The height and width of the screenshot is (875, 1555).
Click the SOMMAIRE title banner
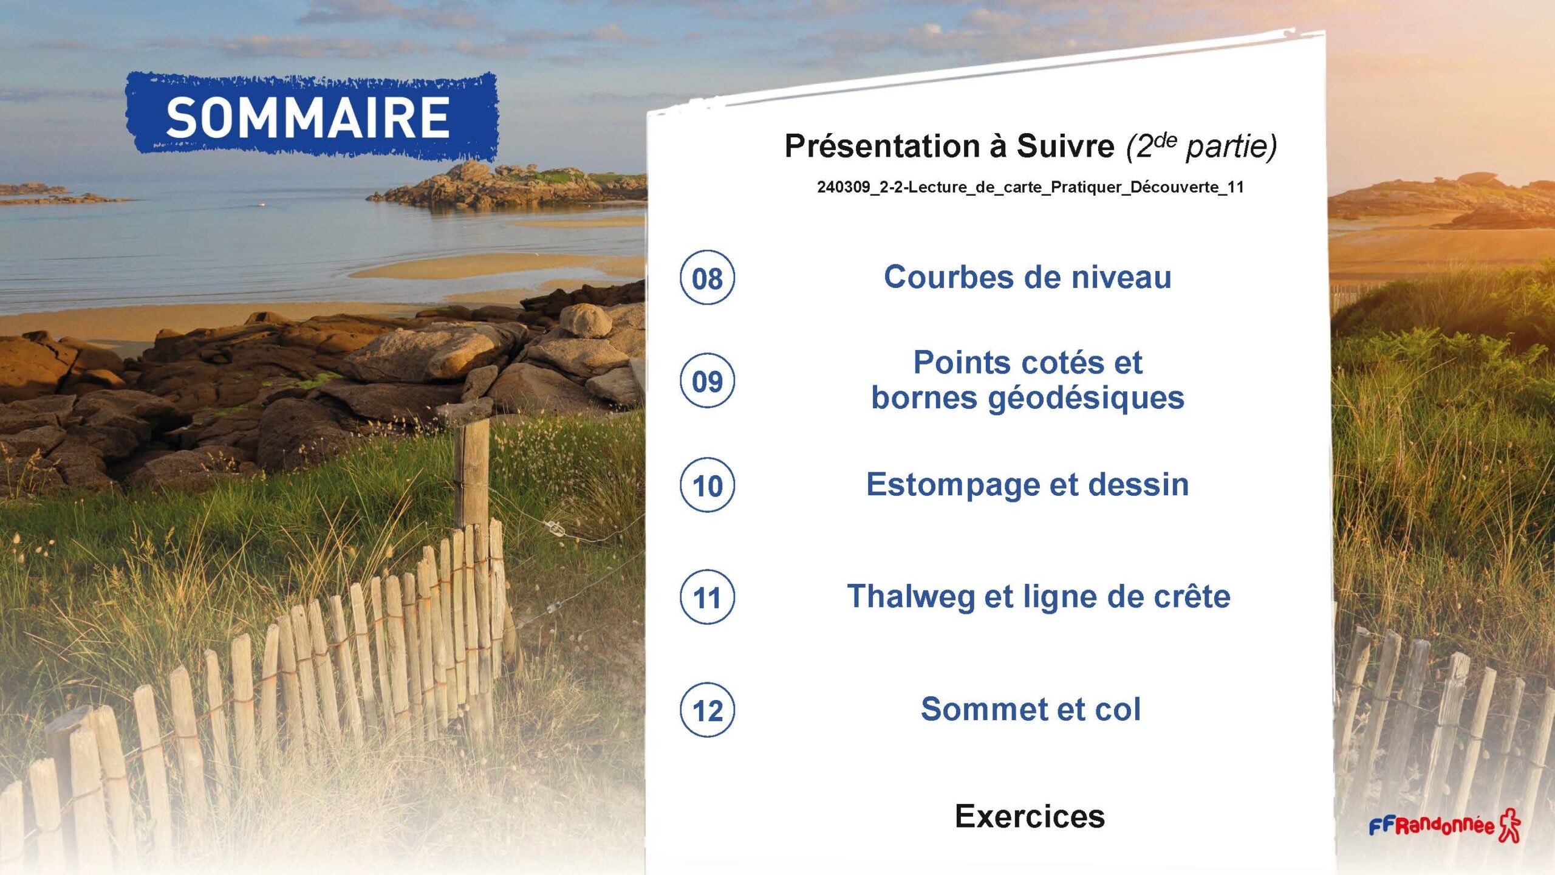312,117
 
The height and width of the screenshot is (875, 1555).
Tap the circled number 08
707,278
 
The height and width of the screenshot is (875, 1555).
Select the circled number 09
707,381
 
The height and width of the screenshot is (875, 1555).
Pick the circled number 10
707,486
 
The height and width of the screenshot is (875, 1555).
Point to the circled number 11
707,597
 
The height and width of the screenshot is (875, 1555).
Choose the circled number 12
707,710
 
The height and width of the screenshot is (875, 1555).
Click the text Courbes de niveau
1027,277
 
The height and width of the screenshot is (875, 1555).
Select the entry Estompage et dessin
1027,486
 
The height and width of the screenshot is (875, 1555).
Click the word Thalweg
911,597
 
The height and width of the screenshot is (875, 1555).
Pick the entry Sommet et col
1031,709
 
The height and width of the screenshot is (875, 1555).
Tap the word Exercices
1030,816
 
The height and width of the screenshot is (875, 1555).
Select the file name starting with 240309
1030,187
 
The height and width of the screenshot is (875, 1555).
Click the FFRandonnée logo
1444,825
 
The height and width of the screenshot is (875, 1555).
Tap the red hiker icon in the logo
1510,825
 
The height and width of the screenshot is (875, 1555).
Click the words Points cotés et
1028,363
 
